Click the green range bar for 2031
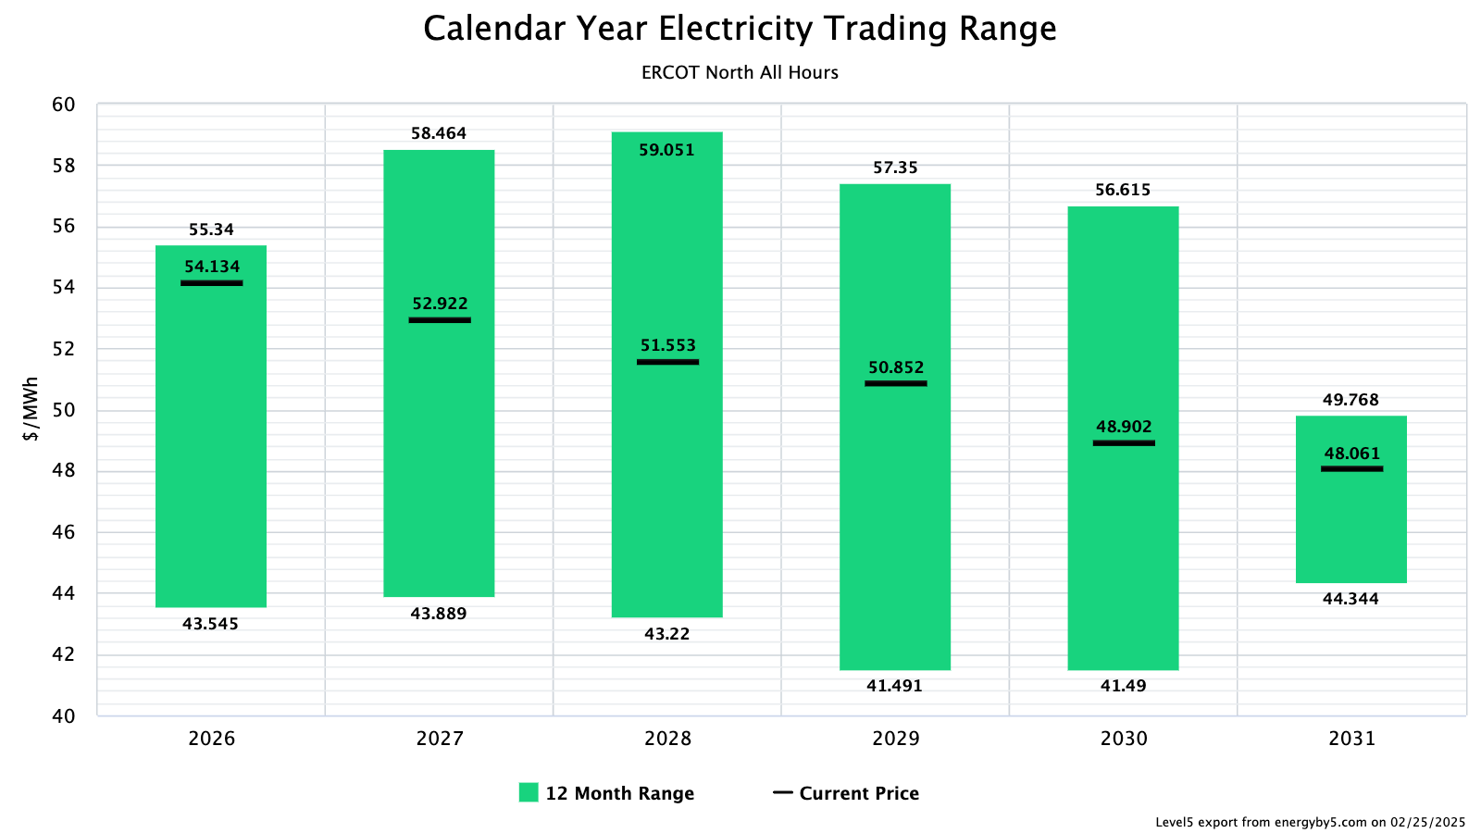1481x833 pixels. click(1350, 528)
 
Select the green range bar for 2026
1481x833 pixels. click(211, 444)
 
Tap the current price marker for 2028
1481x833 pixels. click(667, 362)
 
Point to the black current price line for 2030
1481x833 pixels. click(1124, 443)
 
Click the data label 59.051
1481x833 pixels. click(666, 150)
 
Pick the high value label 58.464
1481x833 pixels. click(439, 133)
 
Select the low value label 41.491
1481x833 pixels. click(894, 686)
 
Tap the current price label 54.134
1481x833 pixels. click(212, 267)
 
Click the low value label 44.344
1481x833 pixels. click(1350, 599)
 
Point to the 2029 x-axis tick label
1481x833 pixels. click(895, 739)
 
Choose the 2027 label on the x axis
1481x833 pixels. click(440, 739)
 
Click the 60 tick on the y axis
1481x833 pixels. click(64, 105)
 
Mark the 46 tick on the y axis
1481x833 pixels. click(64, 532)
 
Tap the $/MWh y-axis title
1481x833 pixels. click(31, 409)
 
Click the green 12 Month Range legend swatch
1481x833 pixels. click(529, 792)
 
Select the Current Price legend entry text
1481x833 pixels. click(859, 793)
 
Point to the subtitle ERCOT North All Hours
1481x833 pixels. click(740, 72)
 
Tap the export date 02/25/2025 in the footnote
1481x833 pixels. click(1427, 822)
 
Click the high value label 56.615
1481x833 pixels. click(1123, 190)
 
